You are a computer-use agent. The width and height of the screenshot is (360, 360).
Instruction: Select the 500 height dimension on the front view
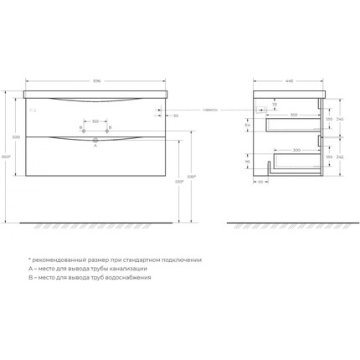point(15,136)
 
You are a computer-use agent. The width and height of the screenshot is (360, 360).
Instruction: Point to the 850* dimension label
point(6,157)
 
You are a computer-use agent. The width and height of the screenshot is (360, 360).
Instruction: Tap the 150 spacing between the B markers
point(95,121)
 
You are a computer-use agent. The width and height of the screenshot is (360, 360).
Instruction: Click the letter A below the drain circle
point(95,145)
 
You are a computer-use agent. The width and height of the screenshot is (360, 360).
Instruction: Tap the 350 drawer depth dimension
point(293,114)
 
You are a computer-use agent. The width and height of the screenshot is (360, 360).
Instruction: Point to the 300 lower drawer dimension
point(296,150)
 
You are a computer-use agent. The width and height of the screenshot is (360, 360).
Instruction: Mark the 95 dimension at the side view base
point(260,181)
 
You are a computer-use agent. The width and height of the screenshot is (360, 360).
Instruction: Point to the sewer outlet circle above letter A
point(95,137)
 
